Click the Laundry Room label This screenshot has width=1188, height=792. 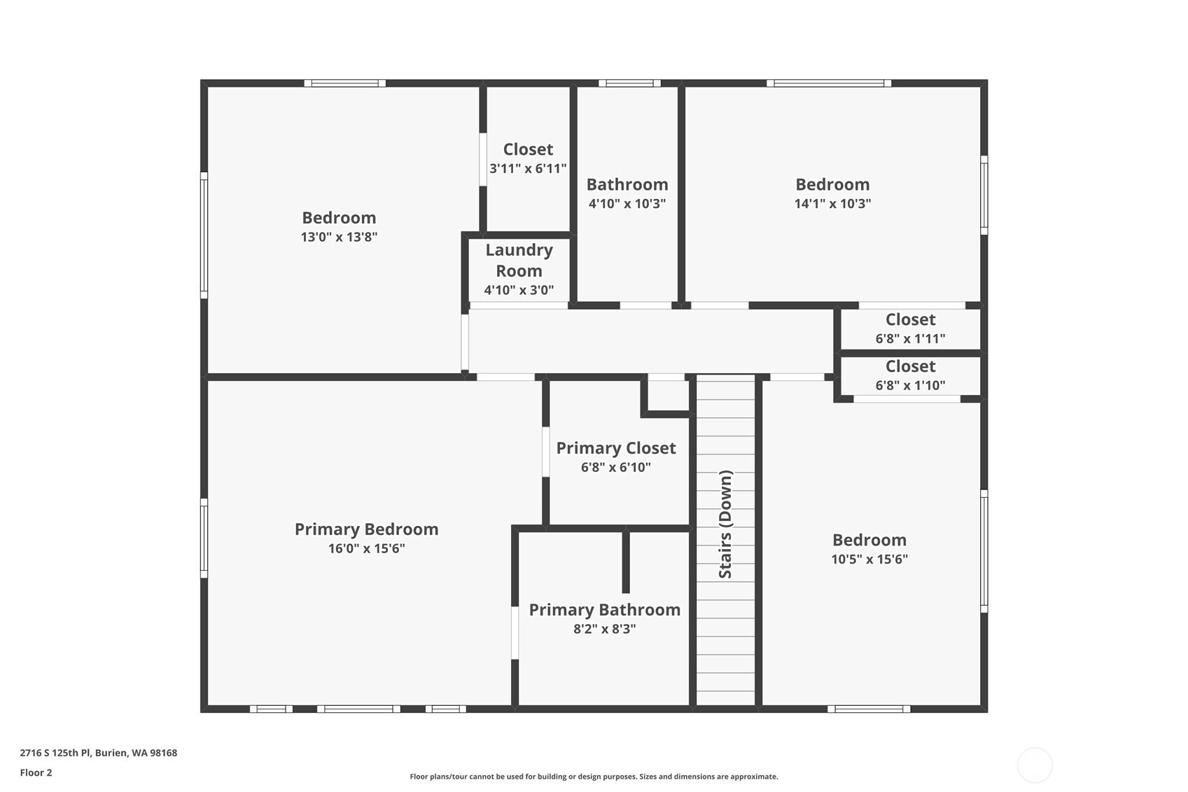519,260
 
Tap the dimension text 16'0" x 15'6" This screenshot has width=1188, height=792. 366,548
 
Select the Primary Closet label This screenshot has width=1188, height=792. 616,448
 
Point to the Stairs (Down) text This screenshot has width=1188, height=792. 725,524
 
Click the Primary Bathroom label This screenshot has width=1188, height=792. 604,610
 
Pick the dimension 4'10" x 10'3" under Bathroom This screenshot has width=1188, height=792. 627,204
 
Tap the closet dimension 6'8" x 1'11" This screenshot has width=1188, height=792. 910,339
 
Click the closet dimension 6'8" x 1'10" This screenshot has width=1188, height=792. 910,385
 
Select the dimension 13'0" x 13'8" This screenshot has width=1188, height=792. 339,237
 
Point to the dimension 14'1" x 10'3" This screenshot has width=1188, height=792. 832,204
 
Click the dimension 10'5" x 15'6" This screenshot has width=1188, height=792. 869,559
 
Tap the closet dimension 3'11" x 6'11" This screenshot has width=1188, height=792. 528,169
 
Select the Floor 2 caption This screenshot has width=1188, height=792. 36,772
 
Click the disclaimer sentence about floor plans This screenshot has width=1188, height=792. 594,777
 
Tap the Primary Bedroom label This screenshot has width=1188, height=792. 366,529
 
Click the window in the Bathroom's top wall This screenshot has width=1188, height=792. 629,83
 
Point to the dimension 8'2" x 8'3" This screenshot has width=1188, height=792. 604,629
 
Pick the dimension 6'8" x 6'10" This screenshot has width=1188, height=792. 616,467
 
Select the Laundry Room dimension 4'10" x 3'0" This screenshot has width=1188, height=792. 519,290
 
